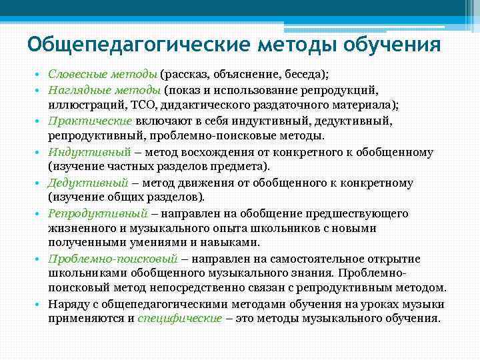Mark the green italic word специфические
tap(179, 318)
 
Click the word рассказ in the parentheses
tap(188, 73)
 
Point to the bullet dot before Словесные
tap(40, 74)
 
